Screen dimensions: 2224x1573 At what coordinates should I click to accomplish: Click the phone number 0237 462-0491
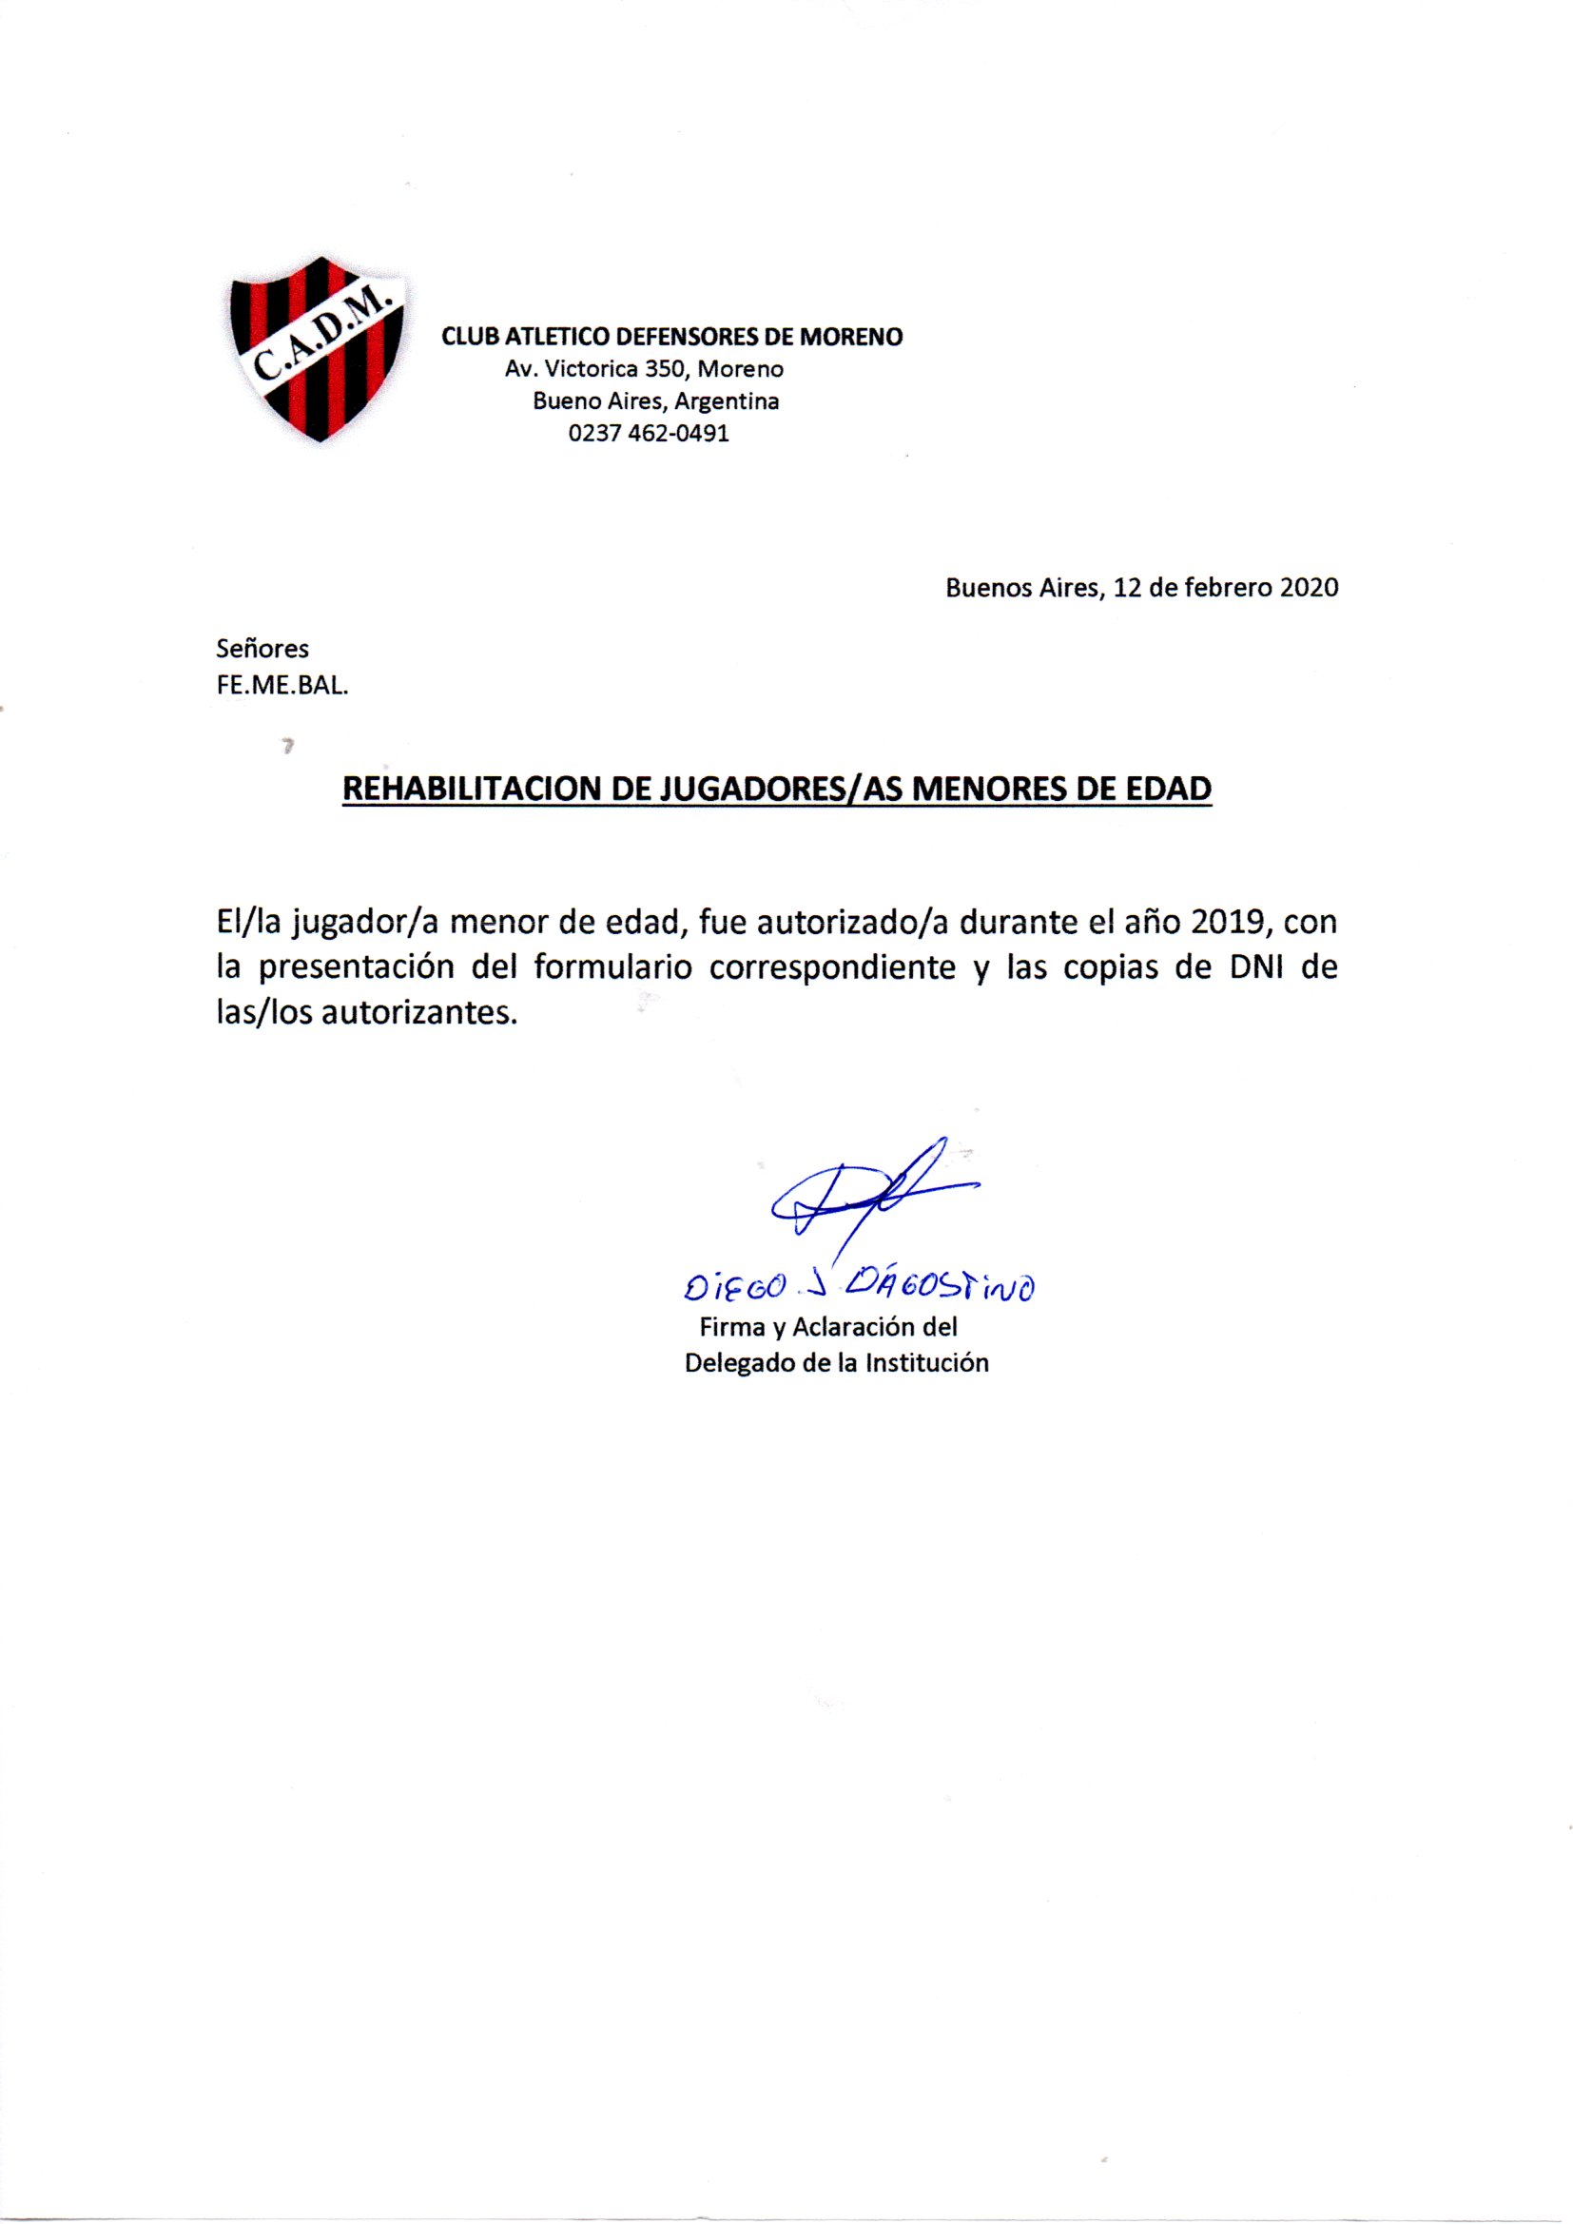pos(648,433)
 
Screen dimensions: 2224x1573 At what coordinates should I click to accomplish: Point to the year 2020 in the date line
pos(1309,588)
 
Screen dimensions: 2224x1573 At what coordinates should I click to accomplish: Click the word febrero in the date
pos(1223,588)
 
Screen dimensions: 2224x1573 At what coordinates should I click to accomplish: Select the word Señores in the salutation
pos(262,648)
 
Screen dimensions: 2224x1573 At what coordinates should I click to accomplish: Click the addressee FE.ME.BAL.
pos(282,687)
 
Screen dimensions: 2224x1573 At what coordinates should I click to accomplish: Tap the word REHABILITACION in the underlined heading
pos(471,789)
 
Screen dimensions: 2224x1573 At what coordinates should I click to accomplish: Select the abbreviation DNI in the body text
pos(1254,967)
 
